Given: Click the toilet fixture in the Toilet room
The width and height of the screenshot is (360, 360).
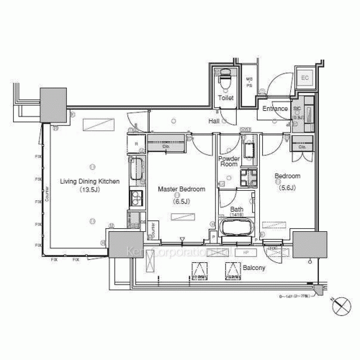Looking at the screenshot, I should coord(225,76).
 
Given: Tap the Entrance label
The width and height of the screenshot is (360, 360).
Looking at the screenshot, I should coord(275,109).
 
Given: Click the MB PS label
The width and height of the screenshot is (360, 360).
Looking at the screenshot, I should coord(251,82).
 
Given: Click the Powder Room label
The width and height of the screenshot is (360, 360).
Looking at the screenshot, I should coord(229,161).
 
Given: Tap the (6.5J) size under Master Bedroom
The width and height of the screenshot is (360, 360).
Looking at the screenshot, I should coord(181,201).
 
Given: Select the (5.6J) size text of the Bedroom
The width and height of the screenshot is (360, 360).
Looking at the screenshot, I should coord(286,187).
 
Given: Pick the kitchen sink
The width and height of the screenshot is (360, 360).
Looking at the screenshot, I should coord(136,171).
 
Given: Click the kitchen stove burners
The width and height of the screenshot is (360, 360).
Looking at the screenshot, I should coord(135,197).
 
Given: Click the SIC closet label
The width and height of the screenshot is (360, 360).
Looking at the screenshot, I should coord(298,109).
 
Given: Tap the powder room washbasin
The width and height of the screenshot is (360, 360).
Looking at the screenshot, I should coord(249,151).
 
